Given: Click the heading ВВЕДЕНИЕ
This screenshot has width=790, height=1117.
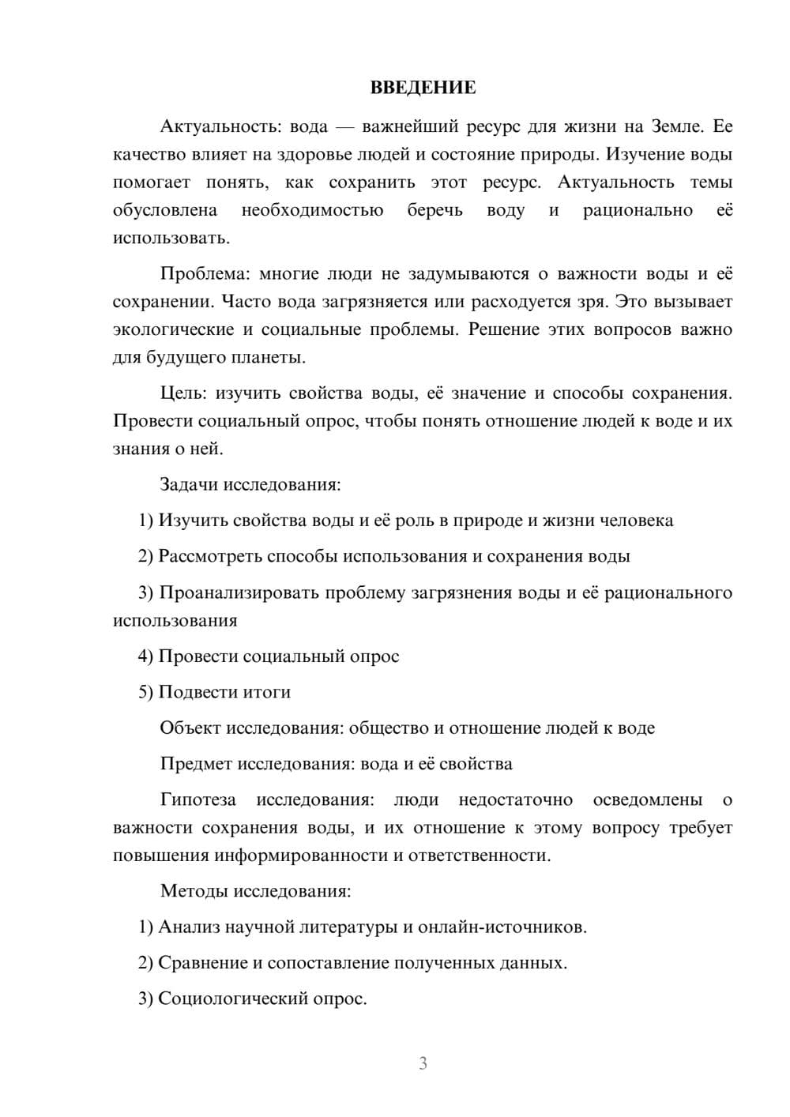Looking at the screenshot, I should click(x=423, y=88).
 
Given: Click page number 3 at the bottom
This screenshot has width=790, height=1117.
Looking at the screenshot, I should click(x=423, y=1063).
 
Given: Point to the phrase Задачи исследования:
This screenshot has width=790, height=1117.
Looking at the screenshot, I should click(x=250, y=484).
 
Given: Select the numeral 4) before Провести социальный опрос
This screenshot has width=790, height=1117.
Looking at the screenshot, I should click(x=145, y=656).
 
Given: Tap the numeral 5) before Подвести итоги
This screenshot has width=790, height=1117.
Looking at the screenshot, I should click(x=145, y=692).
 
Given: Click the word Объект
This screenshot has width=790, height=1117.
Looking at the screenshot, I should click(x=190, y=728).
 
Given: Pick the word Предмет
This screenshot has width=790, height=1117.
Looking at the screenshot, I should click(x=196, y=764).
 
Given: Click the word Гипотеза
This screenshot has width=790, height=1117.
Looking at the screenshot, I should click(x=197, y=800).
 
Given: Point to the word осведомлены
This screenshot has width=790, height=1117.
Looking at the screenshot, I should click(x=647, y=800).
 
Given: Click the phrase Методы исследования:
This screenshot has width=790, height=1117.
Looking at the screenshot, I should click(x=255, y=891).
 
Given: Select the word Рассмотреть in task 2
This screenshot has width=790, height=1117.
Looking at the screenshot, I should click(x=209, y=556).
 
